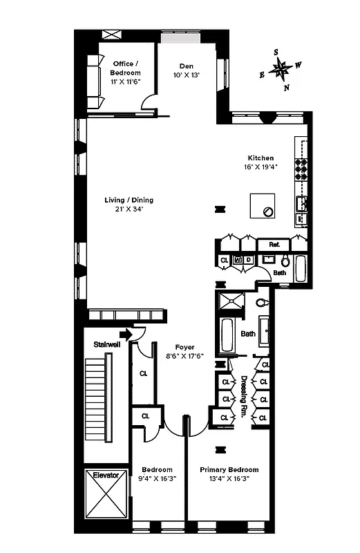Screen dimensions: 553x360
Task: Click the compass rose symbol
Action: click(x=279, y=69)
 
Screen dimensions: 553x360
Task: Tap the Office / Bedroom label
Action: click(x=126, y=68)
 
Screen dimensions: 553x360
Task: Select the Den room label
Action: click(x=186, y=66)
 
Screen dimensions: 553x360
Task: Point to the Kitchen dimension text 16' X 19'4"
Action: click(x=260, y=167)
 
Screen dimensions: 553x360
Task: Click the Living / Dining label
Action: click(x=129, y=200)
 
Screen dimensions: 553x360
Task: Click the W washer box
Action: click(x=238, y=260)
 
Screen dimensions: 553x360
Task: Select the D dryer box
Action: click(x=248, y=260)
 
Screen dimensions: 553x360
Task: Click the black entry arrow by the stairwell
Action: click(x=124, y=335)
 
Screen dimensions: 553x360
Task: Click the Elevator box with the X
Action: click(x=106, y=496)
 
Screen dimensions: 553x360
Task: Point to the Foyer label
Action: click(x=184, y=347)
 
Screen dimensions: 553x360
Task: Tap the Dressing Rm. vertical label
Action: click(x=244, y=397)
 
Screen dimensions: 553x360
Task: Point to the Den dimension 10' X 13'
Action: click(x=186, y=75)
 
